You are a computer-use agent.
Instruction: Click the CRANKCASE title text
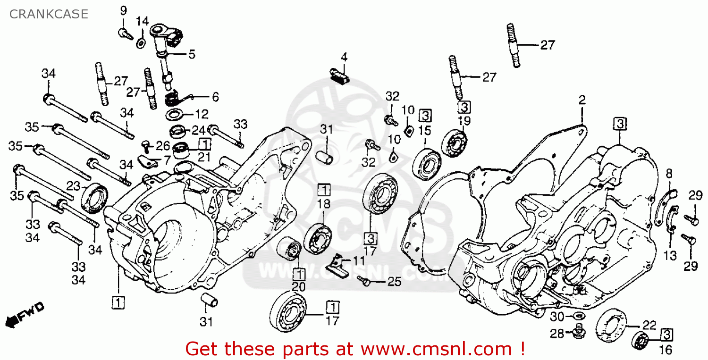pos(49,14)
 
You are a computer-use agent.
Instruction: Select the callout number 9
pos(123,10)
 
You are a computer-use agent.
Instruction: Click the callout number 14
pos(142,21)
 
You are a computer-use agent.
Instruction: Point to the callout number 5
pos(192,54)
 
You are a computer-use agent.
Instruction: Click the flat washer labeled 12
pos(175,115)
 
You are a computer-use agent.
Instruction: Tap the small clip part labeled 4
pos(338,75)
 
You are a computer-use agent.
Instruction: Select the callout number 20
pos(298,286)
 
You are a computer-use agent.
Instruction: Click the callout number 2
pos(582,100)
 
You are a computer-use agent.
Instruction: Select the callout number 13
pos(670,255)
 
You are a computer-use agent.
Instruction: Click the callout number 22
pos(649,325)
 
